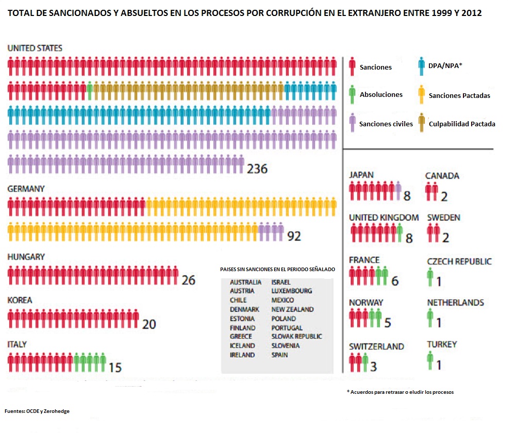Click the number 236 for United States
click(257, 169)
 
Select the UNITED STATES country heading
click(35, 48)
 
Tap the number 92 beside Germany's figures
click(294, 236)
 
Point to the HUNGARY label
click(26, 257)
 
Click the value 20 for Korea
click(149, 324)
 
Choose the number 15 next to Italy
click(115, 367)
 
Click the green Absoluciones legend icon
click(352, 94)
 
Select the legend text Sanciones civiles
click(386, 124)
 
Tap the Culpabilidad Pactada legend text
click(462, 124)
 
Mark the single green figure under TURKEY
click(430, 361)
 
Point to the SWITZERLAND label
click(376, 346)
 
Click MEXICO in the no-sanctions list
click(283, 300)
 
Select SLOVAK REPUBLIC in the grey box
click(296, 337)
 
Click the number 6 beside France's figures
click(395, 281)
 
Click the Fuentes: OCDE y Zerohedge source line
click(37, 411)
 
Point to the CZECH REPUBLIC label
click(459, 261)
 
